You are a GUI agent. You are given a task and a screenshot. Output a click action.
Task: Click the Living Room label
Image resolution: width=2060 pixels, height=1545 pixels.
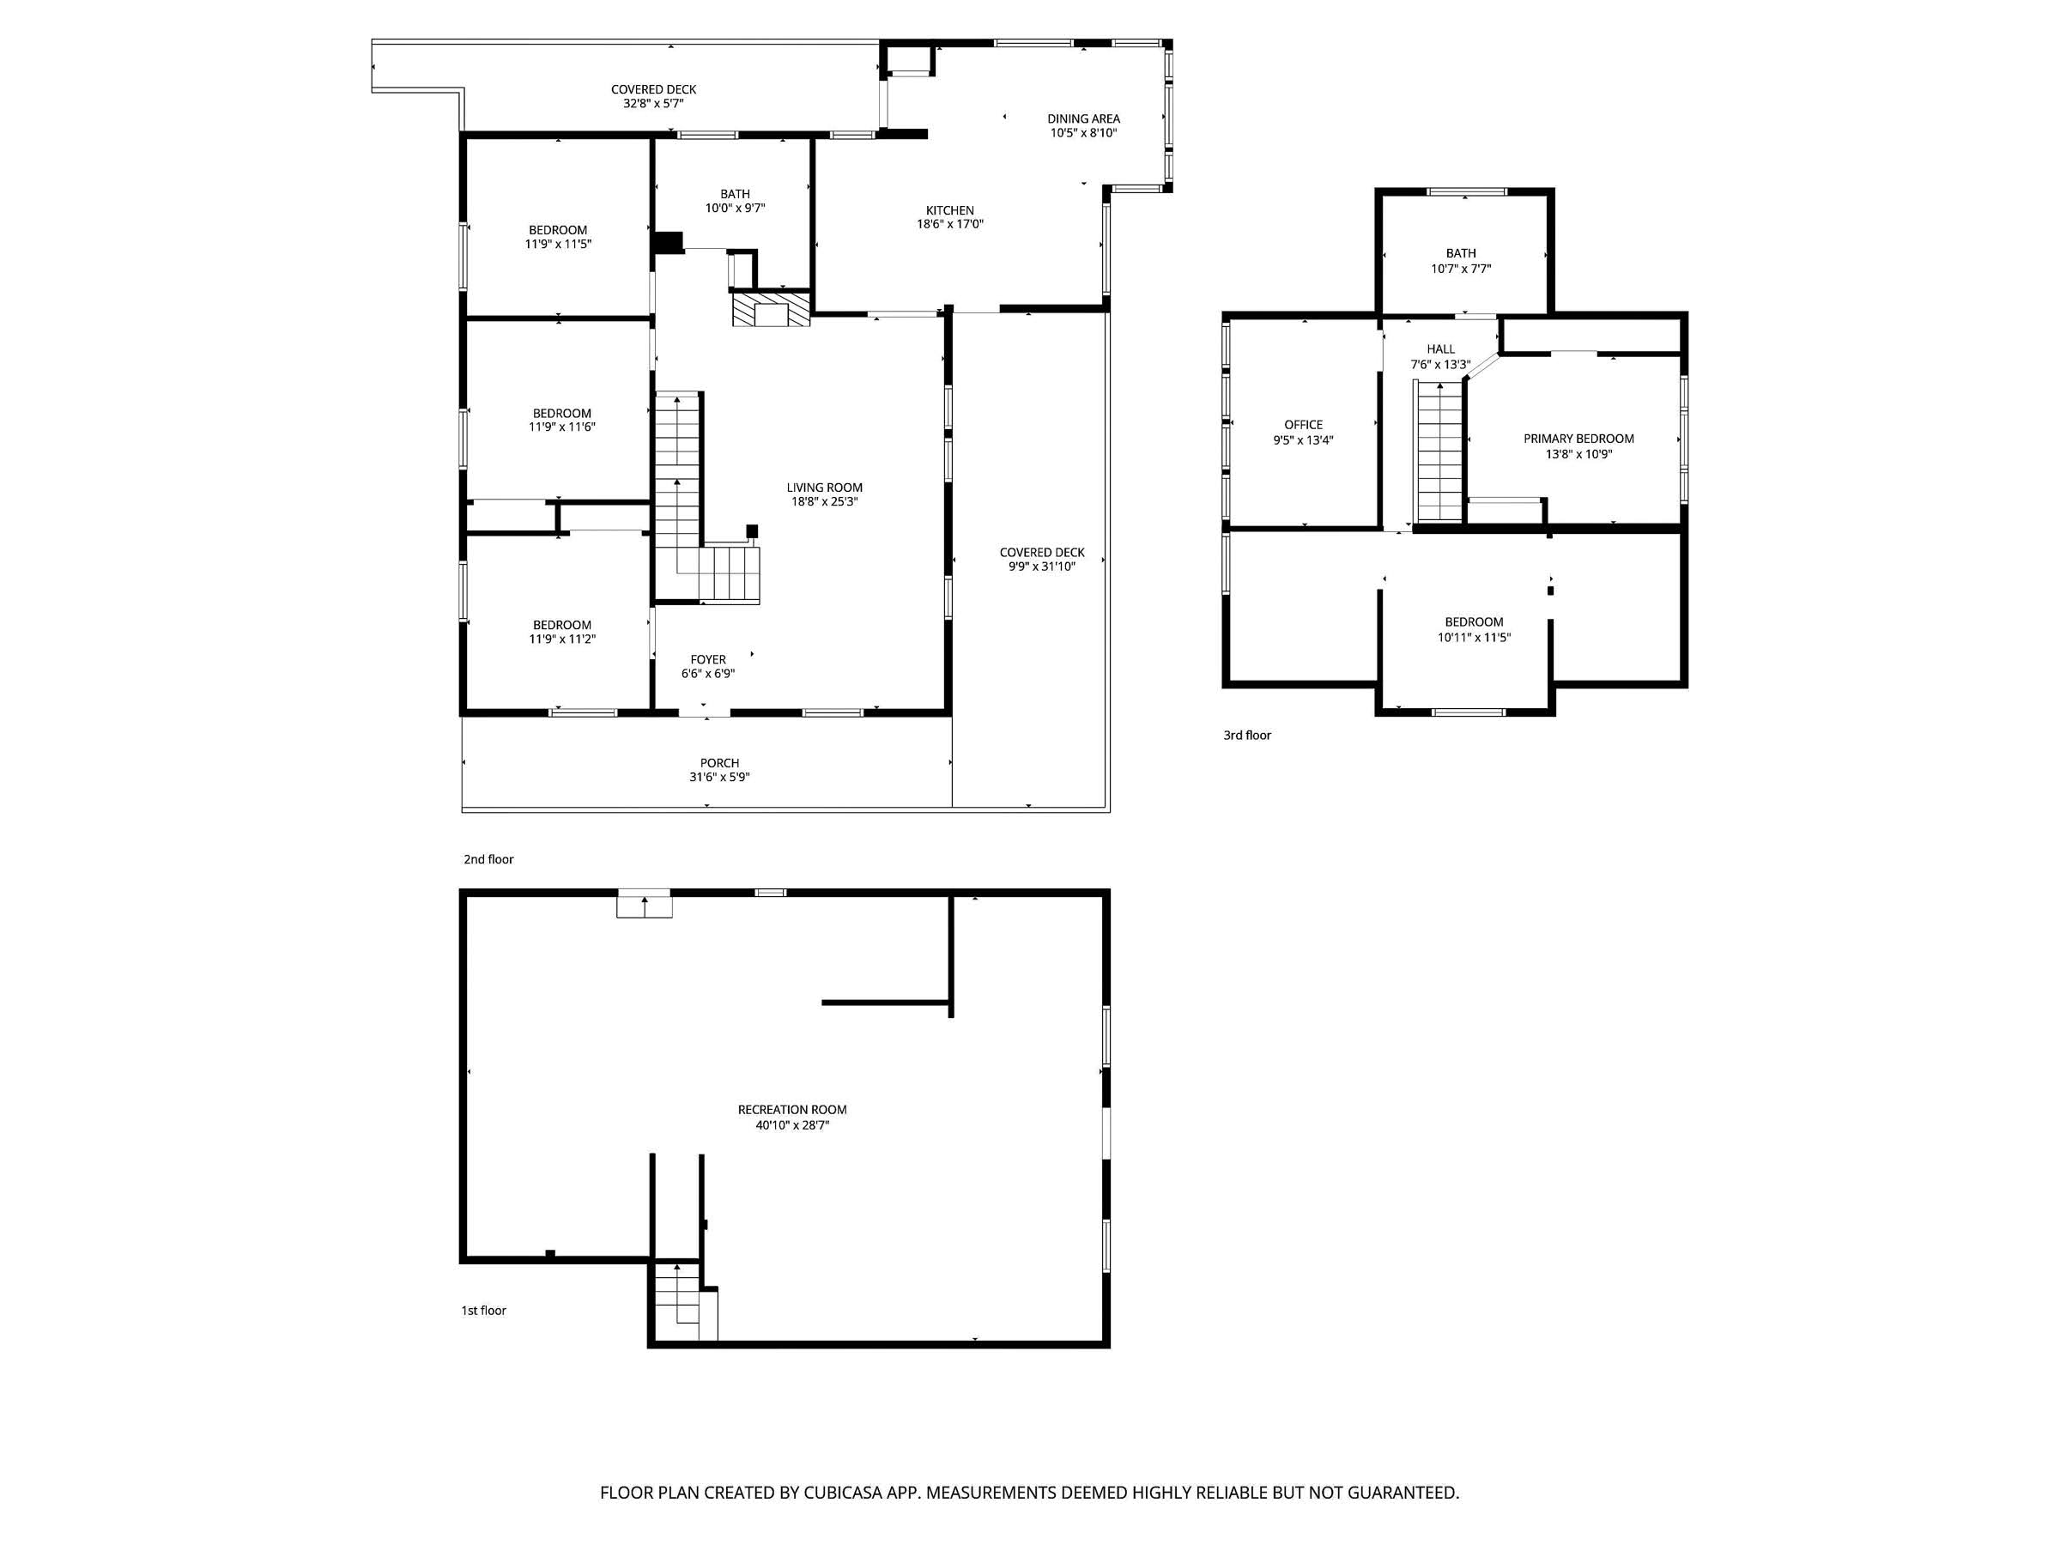click(x=824, y=487)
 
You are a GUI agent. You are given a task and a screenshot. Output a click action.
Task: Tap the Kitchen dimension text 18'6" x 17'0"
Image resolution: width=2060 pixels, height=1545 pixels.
click(x=950, y=224)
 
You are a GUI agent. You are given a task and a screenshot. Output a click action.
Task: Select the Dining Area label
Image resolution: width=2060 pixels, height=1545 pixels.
click(x=1083, y=118)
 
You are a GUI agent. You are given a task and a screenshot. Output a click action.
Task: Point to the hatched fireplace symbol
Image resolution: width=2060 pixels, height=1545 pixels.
click(x=771, y=309)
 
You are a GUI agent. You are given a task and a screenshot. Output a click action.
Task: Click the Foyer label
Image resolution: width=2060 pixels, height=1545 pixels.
click(x=708, y=659)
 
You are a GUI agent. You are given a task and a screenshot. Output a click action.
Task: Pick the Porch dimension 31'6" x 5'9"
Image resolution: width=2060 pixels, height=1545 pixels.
click(x=719, y=777)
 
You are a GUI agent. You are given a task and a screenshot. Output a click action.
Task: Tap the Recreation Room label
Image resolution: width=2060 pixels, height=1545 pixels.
click(x=791, y=1109)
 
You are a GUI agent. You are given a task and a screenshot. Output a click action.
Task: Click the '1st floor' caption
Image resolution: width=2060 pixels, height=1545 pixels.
click(x=483, y=1311)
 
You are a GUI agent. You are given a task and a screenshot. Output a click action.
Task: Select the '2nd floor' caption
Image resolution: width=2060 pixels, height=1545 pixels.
click(x=488, y=858)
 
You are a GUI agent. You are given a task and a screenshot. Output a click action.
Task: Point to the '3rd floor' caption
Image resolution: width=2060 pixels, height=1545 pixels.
click(x=1247, y=735)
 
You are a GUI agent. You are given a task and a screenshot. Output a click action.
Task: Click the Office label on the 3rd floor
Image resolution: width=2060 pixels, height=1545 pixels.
click(x=1303, y=425)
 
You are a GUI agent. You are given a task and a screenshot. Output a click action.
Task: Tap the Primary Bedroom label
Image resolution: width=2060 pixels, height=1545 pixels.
click(x=1578, y=439)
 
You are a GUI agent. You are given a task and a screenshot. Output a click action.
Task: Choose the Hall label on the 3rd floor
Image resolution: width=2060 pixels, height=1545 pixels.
click(x=1440, y=349)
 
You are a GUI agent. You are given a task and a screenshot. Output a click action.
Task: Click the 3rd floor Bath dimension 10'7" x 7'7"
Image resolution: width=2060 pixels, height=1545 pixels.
click(x=1461, y=270)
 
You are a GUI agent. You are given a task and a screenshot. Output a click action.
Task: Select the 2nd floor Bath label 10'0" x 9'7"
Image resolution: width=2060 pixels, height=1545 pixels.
click(x=735, y=201)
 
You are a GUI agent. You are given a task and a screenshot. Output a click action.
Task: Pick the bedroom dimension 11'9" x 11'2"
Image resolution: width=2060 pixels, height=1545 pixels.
click(x=561, y=639)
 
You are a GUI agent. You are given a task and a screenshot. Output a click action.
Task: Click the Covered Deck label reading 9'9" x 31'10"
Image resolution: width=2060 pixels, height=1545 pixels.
click(x=1041, y=559)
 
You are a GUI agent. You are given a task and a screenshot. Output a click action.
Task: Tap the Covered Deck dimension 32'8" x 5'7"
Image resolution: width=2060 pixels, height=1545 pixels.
click(x=653, y=103)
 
